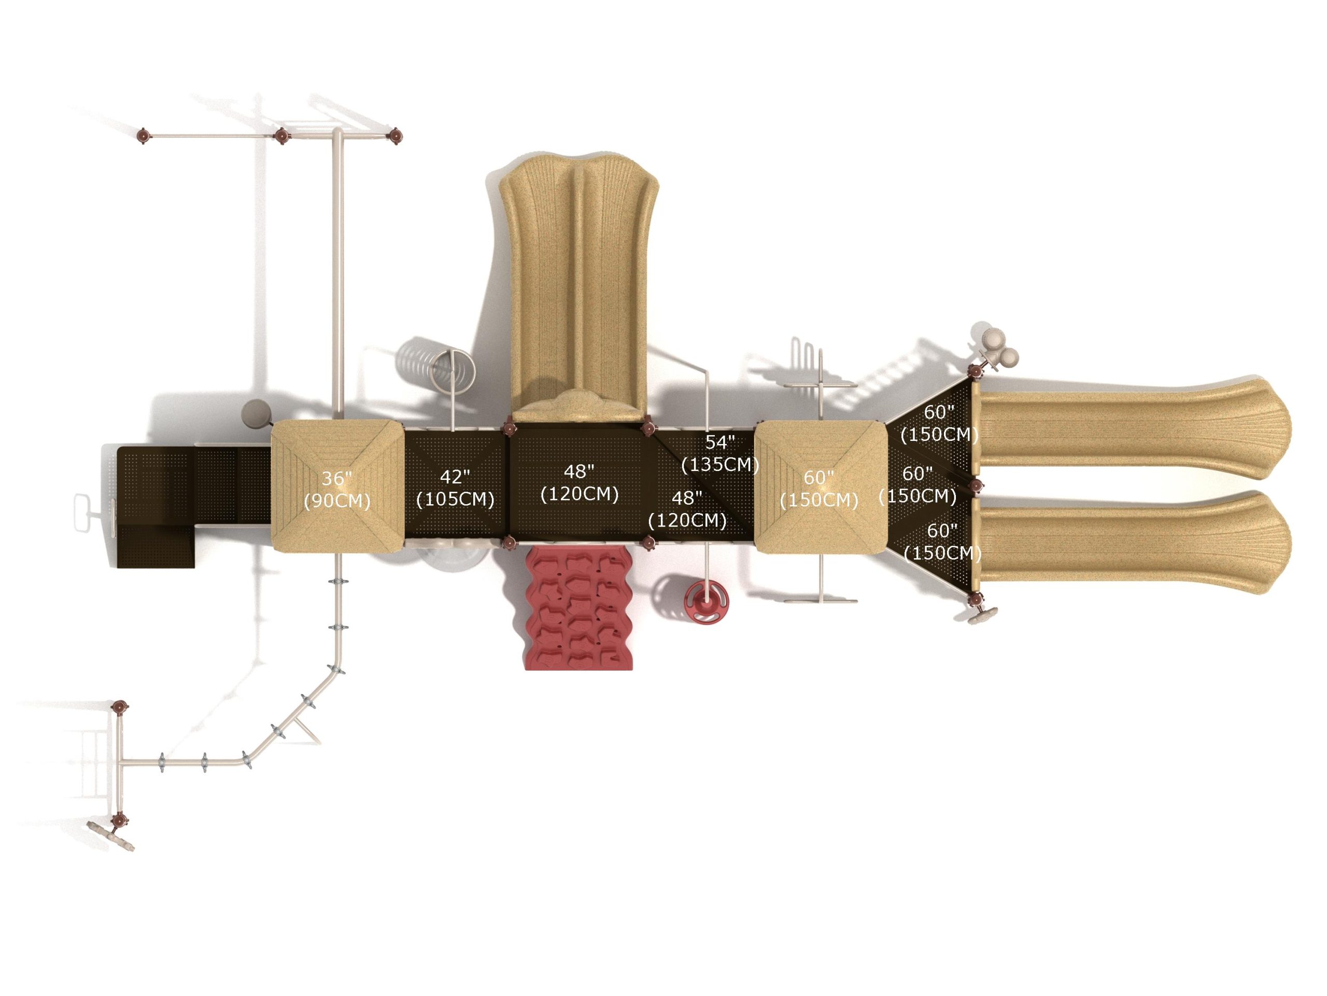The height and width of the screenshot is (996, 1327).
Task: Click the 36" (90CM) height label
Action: click(x=336, y=489)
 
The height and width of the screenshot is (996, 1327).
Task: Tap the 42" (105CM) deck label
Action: click(x=455, y=488)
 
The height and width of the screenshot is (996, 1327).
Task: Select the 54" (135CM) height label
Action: click(x=720, y=453)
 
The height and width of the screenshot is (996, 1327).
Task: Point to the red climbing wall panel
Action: click(x=579, y=609)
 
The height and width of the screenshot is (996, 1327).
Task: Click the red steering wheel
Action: click(x=707, y=599)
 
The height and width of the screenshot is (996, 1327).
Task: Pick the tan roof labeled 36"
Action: click(x=337, y=486)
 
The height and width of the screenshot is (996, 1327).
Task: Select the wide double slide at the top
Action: click(x=579, y=288)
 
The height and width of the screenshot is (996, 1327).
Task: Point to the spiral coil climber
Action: click(x=453, y=367)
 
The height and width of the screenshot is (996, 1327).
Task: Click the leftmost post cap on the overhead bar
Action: click(x=143, y=136)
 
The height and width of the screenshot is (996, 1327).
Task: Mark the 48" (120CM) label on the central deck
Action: click(x=579, y=482)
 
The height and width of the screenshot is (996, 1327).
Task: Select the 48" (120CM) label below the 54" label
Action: click(x=687, y=509)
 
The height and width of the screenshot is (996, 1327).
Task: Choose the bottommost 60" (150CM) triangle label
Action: click(x=942, y=542)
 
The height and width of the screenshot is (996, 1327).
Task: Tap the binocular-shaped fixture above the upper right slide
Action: click(x=996, y=350)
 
